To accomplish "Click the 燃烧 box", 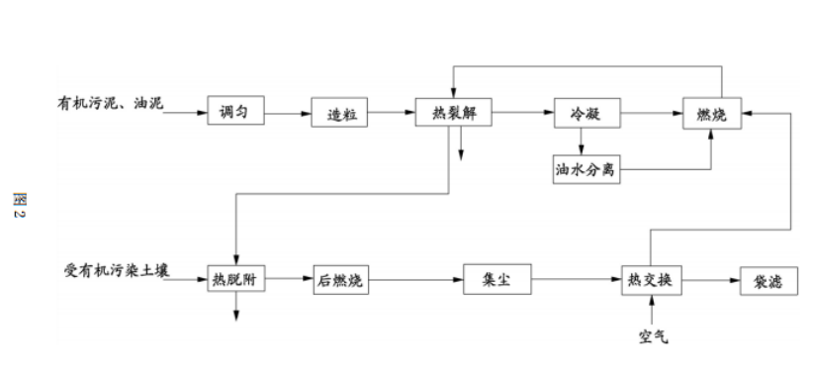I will pos(712,114).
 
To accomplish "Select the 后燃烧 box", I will pos(339,280).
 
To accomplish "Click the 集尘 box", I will pos(497,280).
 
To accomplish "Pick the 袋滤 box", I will pos(768,280).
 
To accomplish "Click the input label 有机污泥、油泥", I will pos(109,102).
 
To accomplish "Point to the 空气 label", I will pos(652,338).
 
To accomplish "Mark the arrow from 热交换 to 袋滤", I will pos(710,280).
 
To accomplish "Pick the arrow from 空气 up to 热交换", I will pos(652,312).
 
